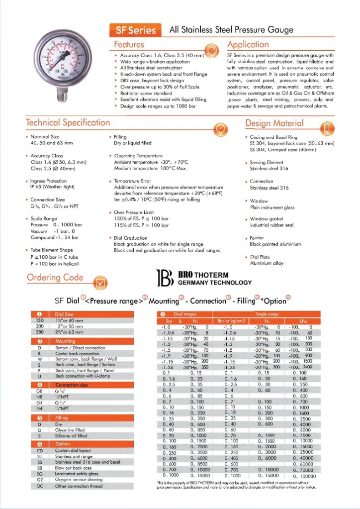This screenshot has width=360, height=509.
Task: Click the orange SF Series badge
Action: (136, 30)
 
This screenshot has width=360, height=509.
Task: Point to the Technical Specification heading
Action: (68, 122)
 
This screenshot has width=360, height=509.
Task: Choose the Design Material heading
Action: (274, 123)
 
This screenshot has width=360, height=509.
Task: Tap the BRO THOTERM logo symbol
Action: (163, 279)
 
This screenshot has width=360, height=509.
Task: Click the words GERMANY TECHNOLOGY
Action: (215, 283)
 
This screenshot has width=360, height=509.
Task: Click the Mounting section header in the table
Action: (66, 341)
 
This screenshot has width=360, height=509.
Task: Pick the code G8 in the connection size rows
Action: (39, 391)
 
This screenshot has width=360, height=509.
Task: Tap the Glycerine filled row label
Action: (70, 430)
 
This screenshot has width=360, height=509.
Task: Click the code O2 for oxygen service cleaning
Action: (40, 480)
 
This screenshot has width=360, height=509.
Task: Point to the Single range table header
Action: (267, 314)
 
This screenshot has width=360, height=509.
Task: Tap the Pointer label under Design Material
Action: (257, 238)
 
